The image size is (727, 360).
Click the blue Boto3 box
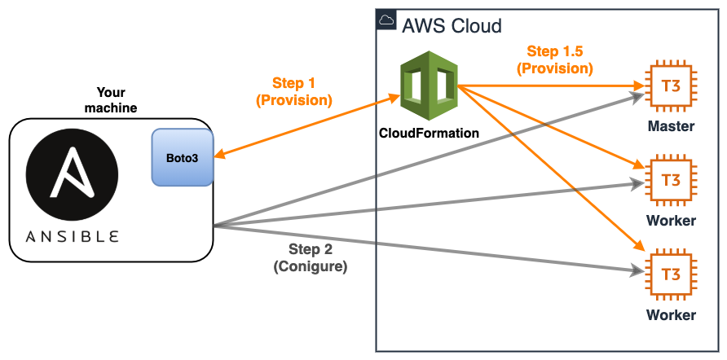[x=182, y=156]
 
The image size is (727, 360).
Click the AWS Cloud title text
[x=452, y=25]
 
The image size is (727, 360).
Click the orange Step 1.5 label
[x=554, y=51]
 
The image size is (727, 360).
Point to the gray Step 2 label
[x=311, y=248]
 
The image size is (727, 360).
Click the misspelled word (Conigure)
[x=311, y=266]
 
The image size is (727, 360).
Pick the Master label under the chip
[x=671, y=126]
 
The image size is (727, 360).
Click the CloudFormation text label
[x=429, y=132]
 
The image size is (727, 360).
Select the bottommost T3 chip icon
[x=670, y=274]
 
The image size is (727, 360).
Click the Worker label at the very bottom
[x=671, y=314]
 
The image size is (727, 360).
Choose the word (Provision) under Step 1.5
[x=554, y=68]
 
